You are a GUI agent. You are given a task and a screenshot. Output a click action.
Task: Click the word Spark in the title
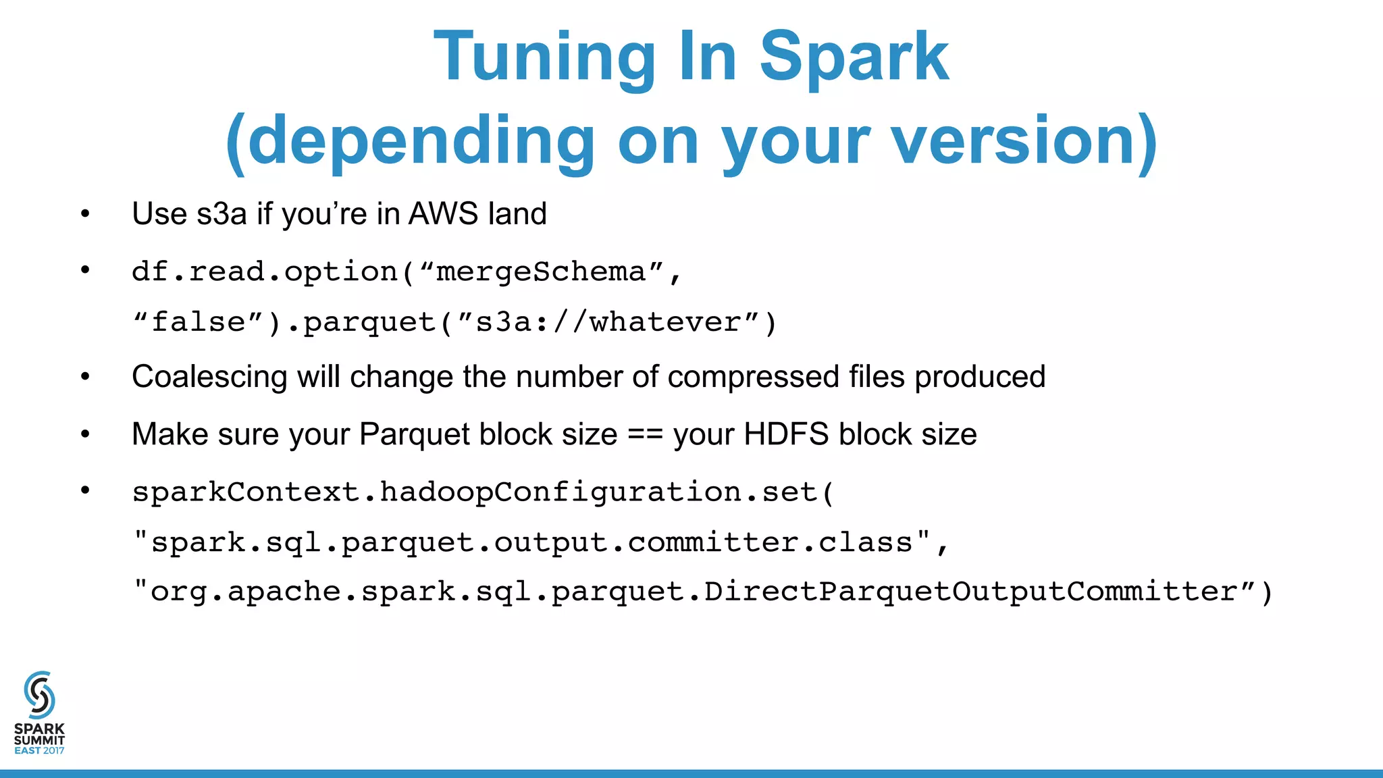(854, 57)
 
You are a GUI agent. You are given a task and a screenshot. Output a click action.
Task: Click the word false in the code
(198, 322)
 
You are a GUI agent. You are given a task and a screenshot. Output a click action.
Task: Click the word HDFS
(786, 434)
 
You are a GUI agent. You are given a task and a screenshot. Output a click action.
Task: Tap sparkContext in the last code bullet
(246, 492)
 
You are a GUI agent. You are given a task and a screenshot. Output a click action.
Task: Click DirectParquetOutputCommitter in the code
(970, 592)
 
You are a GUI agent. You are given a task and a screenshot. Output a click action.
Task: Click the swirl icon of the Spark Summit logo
(39, 695)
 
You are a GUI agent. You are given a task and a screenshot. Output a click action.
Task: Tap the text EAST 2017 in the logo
(39, 750)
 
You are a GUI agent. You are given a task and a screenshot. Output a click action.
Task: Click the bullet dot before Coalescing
(85, 377)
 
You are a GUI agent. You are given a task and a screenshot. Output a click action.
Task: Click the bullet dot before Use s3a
(85, 214)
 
